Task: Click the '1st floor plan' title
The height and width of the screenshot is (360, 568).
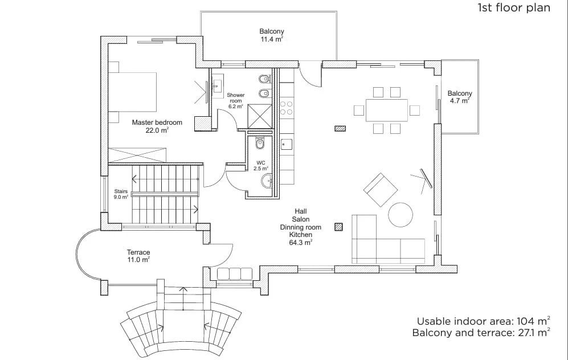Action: point(514,7)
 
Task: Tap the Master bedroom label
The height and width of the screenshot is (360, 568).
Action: point(157,126)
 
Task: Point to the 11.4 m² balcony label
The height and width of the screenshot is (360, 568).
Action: point(272,35)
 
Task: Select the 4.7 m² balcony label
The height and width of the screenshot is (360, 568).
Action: point(460,97)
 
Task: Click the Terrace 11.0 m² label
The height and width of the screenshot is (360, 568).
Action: point(138,256)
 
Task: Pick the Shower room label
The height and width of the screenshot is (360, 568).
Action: point(235,101)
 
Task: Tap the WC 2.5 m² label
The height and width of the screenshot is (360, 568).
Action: point(261,166)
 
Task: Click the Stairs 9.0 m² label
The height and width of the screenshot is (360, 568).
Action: point(121,194)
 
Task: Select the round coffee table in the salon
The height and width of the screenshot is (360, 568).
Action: point(401,214)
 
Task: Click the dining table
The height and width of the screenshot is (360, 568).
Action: point(387,110)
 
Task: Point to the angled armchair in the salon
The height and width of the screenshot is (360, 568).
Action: point(381,190)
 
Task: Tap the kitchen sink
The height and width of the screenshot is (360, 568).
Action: point(287,144)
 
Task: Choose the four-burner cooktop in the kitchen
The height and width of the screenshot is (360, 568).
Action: point(286,108)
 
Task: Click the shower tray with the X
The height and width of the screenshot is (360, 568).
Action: point(259,116)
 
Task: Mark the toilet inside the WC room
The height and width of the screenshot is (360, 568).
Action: point(260,144)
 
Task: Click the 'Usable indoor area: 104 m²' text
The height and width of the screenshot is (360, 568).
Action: point(484,321)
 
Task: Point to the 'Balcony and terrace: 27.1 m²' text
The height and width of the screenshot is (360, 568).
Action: point(481,333)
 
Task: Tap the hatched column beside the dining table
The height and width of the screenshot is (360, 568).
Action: point(340,128)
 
